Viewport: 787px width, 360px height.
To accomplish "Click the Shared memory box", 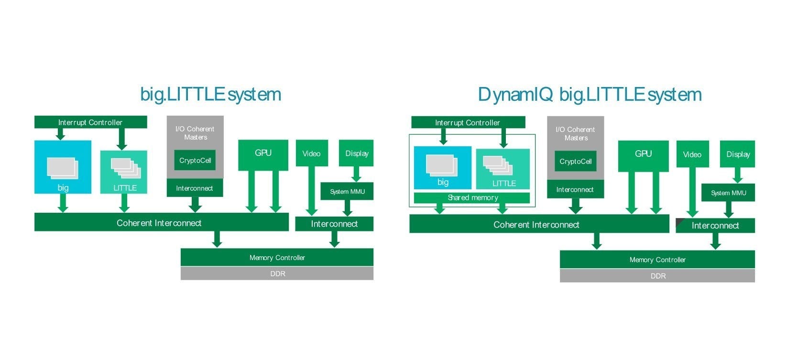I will [x=472, y=198].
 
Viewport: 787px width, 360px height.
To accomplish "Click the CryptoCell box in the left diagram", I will [x=195, y=160].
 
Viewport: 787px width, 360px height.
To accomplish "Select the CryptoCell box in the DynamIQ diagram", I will [x=575, y=162].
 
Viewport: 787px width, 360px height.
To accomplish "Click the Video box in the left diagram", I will [x=311, y=153].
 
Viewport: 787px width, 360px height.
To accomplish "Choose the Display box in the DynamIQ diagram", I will [x=737, y=154].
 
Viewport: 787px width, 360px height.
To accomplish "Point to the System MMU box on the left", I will [x=347, y=191].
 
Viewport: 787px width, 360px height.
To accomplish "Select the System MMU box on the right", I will [x=728, y=193].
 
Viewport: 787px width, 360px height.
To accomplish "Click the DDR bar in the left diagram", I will [x=277, y=274].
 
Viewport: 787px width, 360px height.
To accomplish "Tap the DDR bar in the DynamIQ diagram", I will [x=657, y=276].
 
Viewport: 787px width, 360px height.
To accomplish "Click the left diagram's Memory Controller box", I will [x=277, y=258].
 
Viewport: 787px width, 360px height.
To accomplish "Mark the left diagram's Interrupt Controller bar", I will [x=90, y=122].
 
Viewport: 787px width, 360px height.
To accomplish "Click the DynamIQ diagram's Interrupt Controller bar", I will [x=468, y=122].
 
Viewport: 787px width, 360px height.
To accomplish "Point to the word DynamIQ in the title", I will [x=515, y=95].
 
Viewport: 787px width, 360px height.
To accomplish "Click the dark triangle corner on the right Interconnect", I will [x=679, y=222].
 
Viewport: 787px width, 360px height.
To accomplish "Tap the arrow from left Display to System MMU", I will [x=355, y=174].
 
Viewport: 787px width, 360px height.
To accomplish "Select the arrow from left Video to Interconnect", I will [x=312, y=191].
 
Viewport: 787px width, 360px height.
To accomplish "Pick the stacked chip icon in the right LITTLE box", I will [x=498, y=165].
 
